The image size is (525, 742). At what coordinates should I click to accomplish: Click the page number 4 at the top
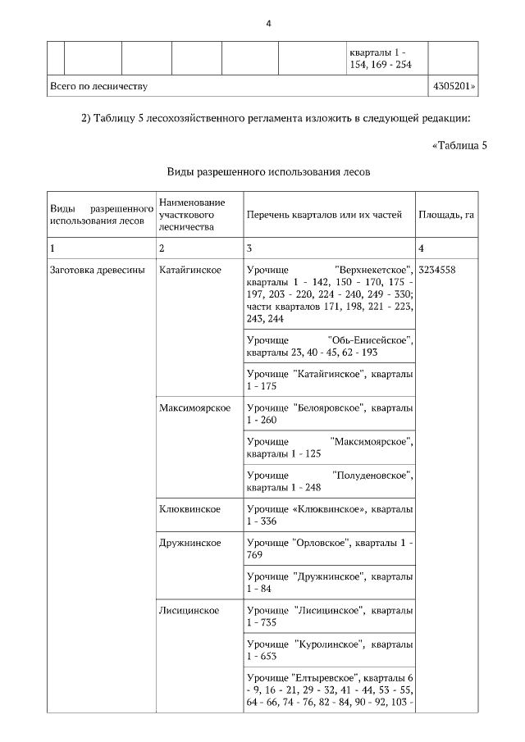(268, 23)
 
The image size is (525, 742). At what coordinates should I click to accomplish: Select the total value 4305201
(453, 84)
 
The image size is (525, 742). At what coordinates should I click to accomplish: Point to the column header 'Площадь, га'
(446, 215)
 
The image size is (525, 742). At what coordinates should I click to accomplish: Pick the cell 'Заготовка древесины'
(97, 270)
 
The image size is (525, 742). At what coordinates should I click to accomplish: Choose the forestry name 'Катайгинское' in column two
(189, 270)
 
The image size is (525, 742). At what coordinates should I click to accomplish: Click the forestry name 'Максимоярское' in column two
(194, 407)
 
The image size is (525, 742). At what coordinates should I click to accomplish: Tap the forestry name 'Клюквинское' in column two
(189, 509)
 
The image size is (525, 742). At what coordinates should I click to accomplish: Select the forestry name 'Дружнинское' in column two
(190, 543)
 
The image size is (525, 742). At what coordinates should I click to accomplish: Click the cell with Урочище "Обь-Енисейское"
(329, 346)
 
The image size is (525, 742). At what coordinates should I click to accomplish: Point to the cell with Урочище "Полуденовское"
(329, 481)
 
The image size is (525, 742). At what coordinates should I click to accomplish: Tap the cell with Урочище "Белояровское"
(329, 413)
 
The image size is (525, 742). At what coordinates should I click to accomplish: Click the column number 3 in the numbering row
(249, 247)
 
